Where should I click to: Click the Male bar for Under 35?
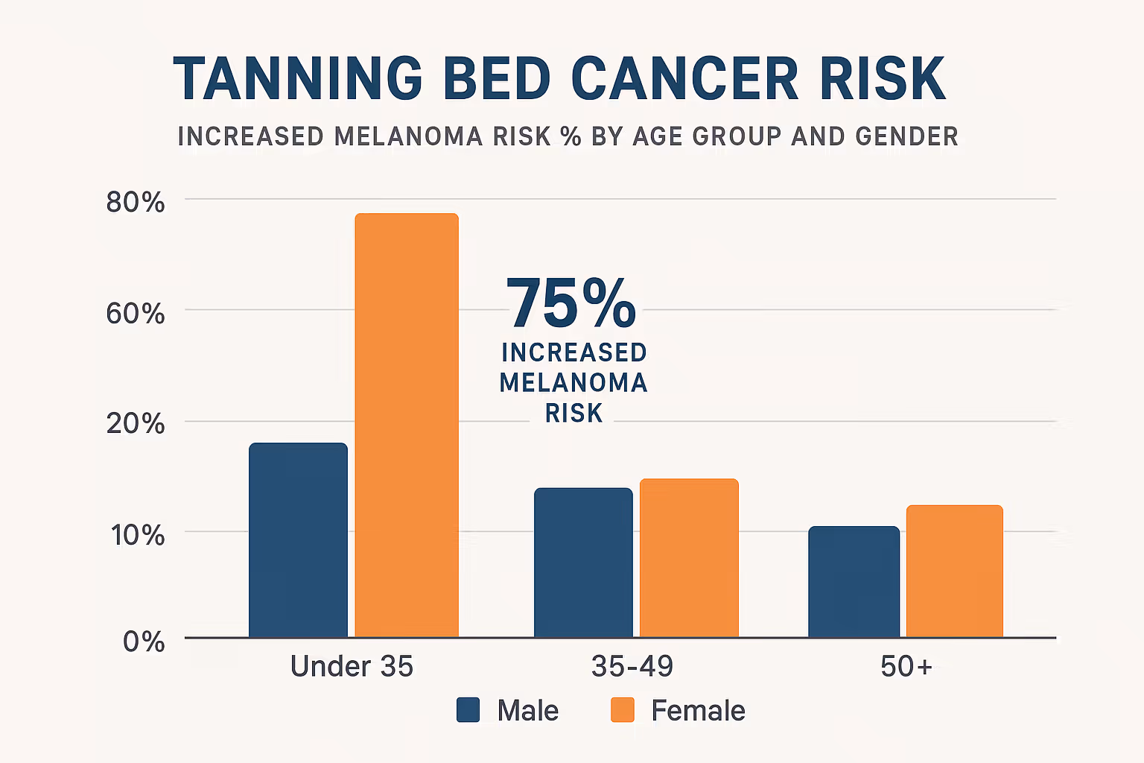[298, 540]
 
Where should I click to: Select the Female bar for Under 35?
[407, 425]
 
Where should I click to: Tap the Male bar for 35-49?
[583, 563]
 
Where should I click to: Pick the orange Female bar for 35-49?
[689, 558]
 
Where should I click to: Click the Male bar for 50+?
[854, 582]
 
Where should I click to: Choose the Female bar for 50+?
[954, 572]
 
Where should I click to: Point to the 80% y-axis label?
[135, 202]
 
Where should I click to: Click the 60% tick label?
[135, 313]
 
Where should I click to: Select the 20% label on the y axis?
[135, 423]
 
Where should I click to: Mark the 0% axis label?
[144, 642]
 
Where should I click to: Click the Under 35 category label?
[352, 666]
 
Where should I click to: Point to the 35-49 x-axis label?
[632, 666]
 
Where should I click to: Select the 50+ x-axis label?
[906, 666]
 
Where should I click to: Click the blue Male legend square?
[468, 710]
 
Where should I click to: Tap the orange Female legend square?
[622, 710]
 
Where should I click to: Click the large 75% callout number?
[571, 303]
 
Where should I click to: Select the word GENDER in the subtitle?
[906, 136]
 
